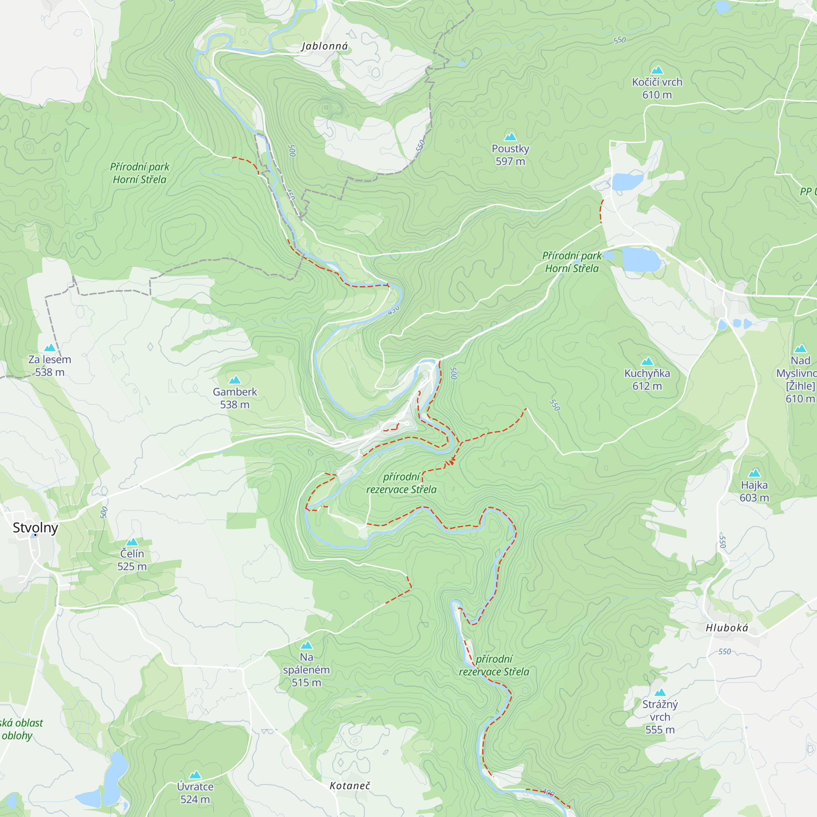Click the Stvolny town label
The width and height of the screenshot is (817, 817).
click(35, 527)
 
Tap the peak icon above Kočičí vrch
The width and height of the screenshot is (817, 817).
click(657, 70)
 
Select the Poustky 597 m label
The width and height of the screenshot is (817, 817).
click(510, 155)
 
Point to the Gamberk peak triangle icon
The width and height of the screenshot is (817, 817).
click(235, 380)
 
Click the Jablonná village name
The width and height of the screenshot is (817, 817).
click(324, 46)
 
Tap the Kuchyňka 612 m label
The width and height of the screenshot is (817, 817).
click(647, 379)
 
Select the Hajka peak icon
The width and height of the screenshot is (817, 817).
click(754, 473)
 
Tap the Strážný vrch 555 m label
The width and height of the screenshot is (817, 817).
click(660, 717)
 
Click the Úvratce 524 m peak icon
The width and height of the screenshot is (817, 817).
click(195, 775)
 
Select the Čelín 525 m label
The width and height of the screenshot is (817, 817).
click(132, 560)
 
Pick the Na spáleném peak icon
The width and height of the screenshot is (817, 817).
click(306, 645)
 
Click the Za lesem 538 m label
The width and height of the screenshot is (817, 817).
click(49, 366)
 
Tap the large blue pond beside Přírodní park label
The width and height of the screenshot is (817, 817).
click(641, 259)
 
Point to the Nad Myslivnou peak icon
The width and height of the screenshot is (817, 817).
click(800, 349)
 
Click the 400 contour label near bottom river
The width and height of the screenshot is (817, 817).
click(548, 792)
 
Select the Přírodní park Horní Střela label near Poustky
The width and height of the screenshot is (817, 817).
click(572, 262)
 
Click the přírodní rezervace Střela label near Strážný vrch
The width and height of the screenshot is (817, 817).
click(494, 665)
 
